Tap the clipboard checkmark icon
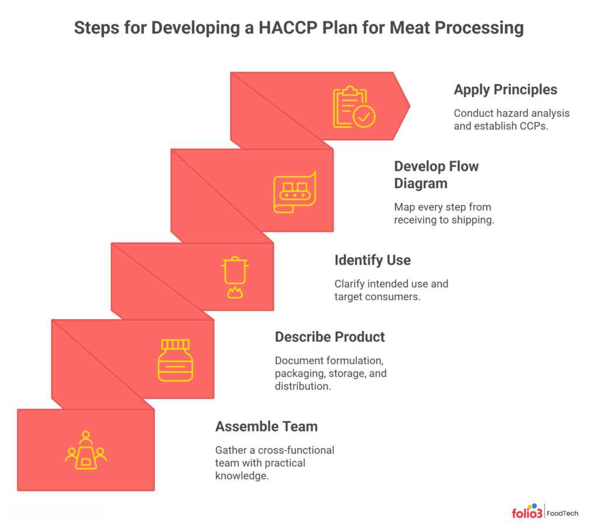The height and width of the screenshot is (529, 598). click(x=354, y=106)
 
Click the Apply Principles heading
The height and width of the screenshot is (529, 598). click(x=505, y=89)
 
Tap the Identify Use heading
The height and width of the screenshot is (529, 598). click(x=372, y=260)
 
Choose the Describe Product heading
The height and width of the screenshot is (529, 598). click(x=329, y=337)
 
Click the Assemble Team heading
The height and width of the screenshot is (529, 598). click(x=266, y=426)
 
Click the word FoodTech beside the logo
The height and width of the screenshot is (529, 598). click(x=563, y=513)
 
